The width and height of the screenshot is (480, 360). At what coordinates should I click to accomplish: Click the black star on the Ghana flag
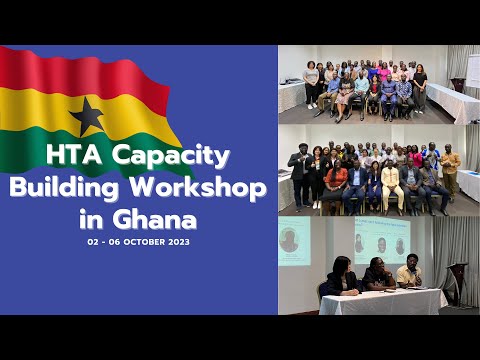tap(88, 116)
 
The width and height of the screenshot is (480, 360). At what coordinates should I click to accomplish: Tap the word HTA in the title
tap(77, 156)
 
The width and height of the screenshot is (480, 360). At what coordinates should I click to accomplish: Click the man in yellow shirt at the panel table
tap(409, 273)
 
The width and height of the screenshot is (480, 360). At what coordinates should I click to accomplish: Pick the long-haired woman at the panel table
tap(341, 277)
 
